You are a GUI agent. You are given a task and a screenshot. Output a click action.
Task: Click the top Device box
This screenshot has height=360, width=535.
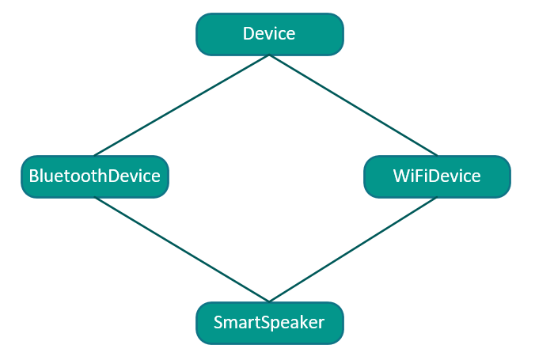tap(269, 34)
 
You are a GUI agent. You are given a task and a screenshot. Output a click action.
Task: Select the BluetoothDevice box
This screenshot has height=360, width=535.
tap(95, 176)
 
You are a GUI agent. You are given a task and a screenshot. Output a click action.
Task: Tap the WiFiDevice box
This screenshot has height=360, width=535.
tap(437, 176)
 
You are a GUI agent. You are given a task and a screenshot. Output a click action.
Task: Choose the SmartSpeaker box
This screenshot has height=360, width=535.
tap(269, 323)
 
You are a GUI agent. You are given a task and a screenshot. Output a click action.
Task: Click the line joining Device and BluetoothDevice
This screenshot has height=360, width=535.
tap(181, 105)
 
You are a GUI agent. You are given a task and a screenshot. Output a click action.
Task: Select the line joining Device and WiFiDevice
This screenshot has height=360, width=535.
tap(353, 105)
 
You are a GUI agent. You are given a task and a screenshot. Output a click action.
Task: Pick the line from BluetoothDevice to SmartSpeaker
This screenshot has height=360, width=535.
tap(181, 249)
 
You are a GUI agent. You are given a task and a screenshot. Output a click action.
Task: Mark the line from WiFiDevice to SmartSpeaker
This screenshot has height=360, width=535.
tap(353, 249)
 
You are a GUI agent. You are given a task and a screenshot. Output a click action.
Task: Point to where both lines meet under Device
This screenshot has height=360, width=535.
tap(269, 55)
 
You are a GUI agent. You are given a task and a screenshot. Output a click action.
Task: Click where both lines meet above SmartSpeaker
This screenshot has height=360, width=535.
tap(269, 301)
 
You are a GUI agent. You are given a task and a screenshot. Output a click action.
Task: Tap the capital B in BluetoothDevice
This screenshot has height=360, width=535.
tap(33, 176)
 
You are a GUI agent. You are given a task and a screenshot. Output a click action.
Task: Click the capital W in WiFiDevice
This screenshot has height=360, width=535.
tap(401, 176)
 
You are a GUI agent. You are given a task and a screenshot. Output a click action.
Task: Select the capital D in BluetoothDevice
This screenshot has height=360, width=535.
tap(112, 176)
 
